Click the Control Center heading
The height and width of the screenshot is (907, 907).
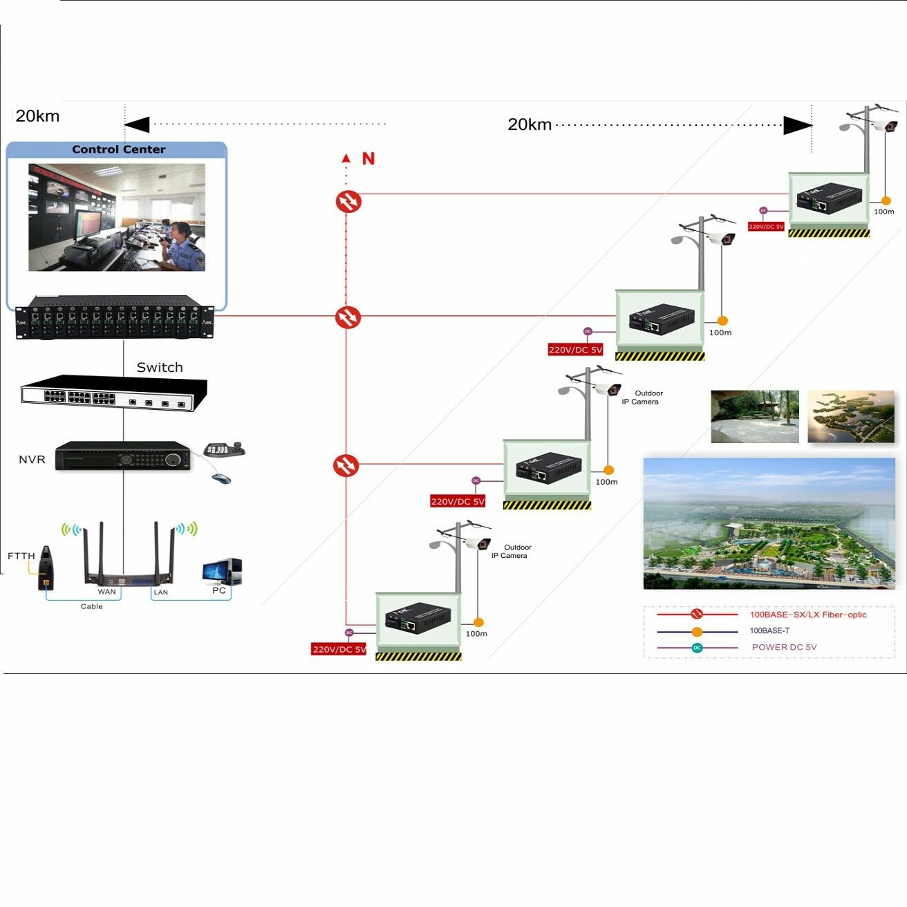[x=118, y=149]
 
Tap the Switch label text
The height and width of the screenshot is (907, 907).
[x=160, y=368]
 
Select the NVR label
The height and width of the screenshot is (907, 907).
[x=32, y=460]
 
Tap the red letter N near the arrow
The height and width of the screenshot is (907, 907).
[x=368, y=159]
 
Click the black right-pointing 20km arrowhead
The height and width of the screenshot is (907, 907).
[x=797, y=125]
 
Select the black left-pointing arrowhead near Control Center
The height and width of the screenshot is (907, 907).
[x=137, y=124]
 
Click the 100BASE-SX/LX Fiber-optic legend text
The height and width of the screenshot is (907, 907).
[x=807, y=615]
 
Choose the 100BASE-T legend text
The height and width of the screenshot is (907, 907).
[x=769, y=630]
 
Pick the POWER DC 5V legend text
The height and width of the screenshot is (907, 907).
[x=784, y=647]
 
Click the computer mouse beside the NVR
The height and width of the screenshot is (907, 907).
[x=221, y=478]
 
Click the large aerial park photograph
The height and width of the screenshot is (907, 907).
[x=769, y=523]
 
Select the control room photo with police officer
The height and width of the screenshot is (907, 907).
[x=117, y=217]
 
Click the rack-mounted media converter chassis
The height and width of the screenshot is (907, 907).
[x=115, y=318]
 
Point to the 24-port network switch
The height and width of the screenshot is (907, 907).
[x=114, y=393]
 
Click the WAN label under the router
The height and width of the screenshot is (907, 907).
[x=106, y=592]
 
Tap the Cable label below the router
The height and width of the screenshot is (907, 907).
[x=91, y=606]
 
